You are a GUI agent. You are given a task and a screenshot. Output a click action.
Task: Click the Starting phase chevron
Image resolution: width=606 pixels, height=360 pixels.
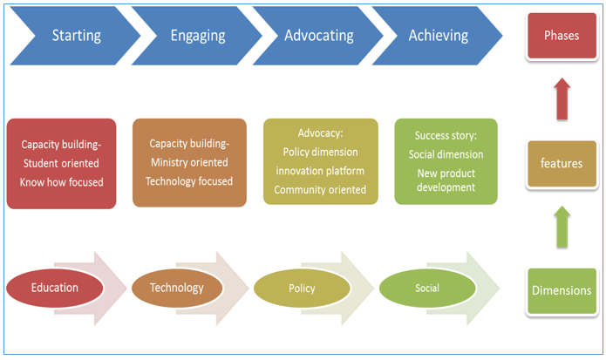coord(76,36)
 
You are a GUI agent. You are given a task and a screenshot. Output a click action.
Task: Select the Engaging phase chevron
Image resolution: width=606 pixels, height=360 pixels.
coord(197,36)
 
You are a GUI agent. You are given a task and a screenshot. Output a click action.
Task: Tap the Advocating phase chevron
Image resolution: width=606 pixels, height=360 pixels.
coord(318,36)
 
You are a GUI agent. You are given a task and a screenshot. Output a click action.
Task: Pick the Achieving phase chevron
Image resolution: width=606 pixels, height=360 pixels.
coord(438,36)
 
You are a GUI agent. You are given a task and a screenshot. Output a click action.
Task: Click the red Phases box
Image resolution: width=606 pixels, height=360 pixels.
coord(562,36)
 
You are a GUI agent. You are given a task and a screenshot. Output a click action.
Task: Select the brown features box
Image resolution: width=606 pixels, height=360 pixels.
coord(562,163)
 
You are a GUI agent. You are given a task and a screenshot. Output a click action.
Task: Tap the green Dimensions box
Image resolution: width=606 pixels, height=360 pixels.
coord(562,290)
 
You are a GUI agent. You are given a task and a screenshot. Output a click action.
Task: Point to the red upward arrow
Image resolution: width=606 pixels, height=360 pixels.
coord(562,98)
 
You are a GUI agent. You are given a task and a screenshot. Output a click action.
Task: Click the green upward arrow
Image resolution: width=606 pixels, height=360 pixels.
coord(562,227)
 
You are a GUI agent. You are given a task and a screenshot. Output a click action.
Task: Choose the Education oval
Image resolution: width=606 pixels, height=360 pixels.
coord(55,288)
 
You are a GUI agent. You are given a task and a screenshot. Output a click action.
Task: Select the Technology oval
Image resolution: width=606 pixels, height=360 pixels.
coord(177,288)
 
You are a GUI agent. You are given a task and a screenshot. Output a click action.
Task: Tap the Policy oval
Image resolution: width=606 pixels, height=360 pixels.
coord(302,289)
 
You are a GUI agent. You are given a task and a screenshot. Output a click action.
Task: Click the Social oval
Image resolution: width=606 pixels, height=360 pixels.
coord(427,289)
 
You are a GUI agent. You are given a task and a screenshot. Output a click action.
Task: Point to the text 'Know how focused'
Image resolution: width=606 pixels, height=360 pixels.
coord(61,182)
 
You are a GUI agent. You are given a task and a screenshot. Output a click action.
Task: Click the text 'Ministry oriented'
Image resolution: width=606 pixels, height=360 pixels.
coord(189,163)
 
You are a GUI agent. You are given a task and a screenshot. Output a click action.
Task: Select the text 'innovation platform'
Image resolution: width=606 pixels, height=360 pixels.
coord(320,171)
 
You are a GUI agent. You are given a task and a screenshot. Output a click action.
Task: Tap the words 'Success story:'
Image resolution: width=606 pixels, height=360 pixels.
coord(446,136)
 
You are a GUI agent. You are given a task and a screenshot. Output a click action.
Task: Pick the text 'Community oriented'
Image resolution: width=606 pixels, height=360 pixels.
coord(320,190)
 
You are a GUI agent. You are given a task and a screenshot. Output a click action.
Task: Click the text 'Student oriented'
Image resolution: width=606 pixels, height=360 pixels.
coord(61,163)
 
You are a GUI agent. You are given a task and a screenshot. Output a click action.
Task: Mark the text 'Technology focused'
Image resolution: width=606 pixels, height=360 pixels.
coord(189,181)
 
